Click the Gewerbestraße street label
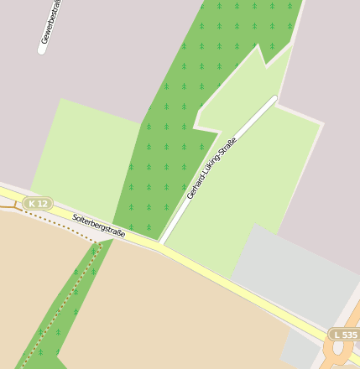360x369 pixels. pyautogui.click(x=51, y=23)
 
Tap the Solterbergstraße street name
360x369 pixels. pyautogui.click(x=98, y=225)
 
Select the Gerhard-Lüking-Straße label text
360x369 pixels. pyautogui.click(x=211, y=168)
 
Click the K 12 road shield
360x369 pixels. pyautogui.click(x=37, y=203)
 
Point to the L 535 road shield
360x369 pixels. pyautogui.click(x=344, y=335)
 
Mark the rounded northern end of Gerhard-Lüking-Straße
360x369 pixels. pyautogui.click(x=273, y=99)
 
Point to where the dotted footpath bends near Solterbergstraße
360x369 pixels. pyautogui.click(x=98, y=243)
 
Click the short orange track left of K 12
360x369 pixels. pyautogui.click(x=8, y=204)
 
